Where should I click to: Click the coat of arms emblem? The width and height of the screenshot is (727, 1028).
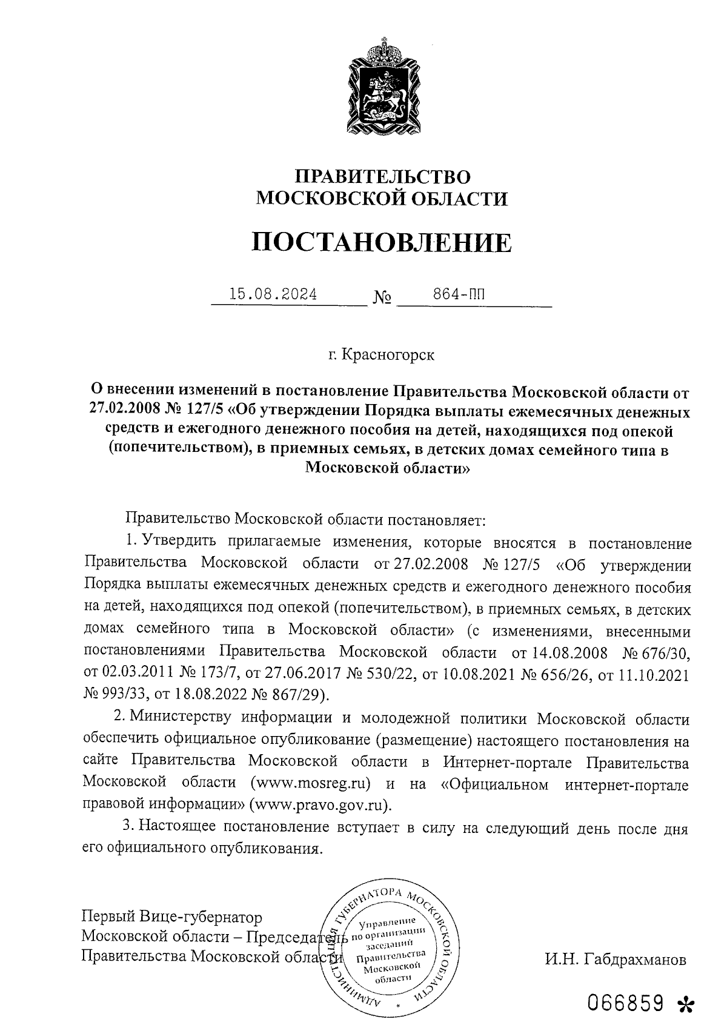pyautogui.click(x=382, y=85)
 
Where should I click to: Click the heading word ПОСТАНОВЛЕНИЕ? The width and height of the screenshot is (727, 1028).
pyautogui.click(x=382, y=242)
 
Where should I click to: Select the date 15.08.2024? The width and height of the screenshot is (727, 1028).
pyautogui.click(x=273, y=295)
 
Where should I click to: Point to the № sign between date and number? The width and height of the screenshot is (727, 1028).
pyautogui.click(x=382, y=299)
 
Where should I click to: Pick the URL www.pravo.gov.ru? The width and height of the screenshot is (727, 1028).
pyautogui.click(x=321, y=805)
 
